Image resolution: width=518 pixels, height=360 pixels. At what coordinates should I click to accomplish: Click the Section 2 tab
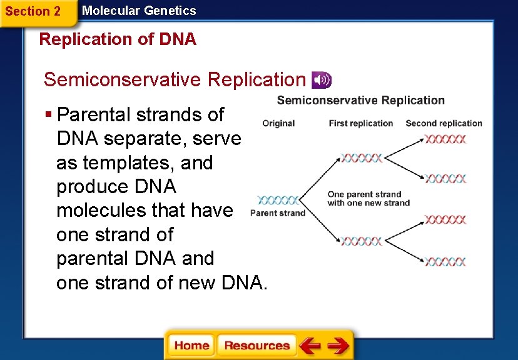click(x=33, y=11)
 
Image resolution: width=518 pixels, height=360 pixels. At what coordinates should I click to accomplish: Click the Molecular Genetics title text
click(x=139, y=11)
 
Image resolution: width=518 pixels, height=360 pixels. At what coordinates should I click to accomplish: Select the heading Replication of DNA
click(x=118, y=39)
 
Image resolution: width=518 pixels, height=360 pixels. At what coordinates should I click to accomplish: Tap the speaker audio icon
click(x=322, y=80)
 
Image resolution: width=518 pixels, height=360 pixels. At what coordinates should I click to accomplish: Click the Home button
click(x=191, y=346)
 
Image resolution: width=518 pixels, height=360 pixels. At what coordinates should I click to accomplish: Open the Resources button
click(x=256, y=346)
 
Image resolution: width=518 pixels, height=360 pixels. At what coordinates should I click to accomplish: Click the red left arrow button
click(x=309, y=346)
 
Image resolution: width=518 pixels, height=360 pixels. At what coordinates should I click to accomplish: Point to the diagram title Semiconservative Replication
click(x=360, y=100)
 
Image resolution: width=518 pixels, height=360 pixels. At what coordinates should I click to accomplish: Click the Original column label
click(x=278, y=123)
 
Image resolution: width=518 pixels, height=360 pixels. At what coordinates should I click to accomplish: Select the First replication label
click(x=360, y=123)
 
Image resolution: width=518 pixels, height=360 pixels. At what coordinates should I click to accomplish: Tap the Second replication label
click(x=444, y=123)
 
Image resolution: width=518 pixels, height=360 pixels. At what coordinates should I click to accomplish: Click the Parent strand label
click(x=277, y=213)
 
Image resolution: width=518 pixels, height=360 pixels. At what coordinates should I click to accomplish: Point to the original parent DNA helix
click(x=277, y=201)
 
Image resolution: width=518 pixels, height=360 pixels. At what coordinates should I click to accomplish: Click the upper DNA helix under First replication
click(x=361, y=156)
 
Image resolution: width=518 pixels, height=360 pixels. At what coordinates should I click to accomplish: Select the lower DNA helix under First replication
click(x=361, y=241)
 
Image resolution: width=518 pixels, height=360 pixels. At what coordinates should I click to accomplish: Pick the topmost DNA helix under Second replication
click(x=445, y=139)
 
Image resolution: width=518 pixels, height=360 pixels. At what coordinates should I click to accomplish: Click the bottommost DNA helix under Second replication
click(x=445, y=261)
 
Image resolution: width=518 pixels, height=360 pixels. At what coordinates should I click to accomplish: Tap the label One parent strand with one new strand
click(x=368, y=198)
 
